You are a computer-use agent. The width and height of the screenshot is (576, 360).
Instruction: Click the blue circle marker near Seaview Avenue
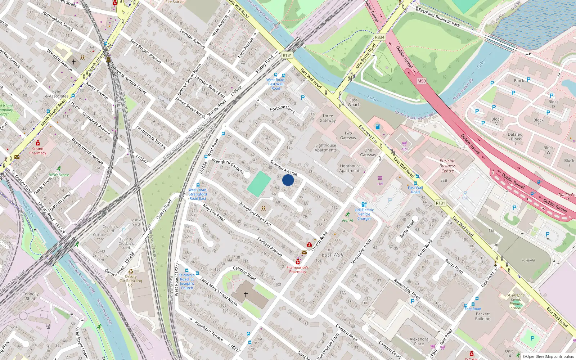coord(288,180)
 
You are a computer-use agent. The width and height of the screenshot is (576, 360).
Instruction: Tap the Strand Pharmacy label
coord(38,151)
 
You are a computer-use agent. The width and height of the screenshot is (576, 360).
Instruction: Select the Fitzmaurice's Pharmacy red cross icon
coord(298,262)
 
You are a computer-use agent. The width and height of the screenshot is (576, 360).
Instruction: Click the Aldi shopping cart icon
coord(404,143)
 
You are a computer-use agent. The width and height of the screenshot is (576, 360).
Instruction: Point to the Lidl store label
coord(380,184)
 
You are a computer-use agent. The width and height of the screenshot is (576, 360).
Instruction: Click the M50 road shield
coord(422,81)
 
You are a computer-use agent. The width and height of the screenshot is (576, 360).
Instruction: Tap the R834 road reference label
coord(379,37)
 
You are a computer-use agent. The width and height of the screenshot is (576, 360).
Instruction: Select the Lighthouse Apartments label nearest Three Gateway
coord(325,148)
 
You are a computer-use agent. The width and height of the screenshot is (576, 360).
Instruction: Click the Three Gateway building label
coord(328,118)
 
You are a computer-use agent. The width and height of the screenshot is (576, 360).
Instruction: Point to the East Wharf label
coord(354,102)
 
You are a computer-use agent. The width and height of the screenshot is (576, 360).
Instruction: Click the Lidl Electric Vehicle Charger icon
coord(364,204)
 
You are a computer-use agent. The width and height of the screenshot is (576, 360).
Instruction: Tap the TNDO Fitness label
coord(59,175)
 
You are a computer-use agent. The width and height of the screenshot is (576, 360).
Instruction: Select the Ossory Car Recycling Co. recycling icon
coord(131,271)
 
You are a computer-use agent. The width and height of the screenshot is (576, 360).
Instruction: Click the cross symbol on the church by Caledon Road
coord(246,294)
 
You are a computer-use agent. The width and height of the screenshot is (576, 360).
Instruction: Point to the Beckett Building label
coord(482,316)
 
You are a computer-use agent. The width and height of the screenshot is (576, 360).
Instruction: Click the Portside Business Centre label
coord(447,166)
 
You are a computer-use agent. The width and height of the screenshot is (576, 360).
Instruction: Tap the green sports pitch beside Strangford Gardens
coord(259,184)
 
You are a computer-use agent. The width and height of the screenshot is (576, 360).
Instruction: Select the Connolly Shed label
coord(30,296)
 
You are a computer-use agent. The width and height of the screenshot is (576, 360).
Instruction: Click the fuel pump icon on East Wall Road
coord(378,126)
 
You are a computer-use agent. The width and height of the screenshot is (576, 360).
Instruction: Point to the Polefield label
coord(528,260)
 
